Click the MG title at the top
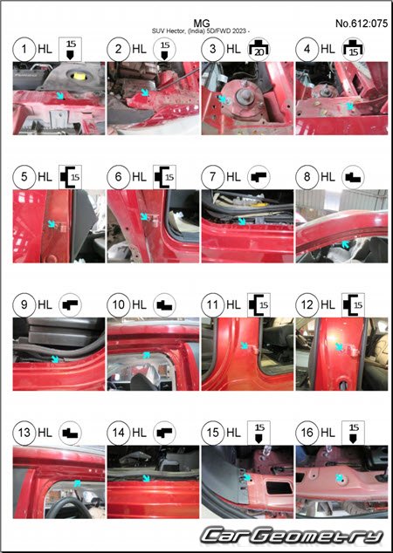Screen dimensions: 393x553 click(x=202, y=24)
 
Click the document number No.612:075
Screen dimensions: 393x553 click(x=362, y=24)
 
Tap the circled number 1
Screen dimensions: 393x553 click(x=24, y=49)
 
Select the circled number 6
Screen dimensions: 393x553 click(x=118, y=177)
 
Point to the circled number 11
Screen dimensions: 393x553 click(x=212, y=304)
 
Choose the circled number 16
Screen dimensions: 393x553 click(x=307, y=433)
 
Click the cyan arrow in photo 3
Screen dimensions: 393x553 click(x=222, y=99)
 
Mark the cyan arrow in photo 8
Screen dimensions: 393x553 click(x=346, y=243)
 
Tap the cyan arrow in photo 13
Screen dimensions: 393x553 click(x=77, y=483)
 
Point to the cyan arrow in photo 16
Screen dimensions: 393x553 click(x=340, y=478)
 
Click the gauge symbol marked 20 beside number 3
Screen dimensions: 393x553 click(x=259, y=49)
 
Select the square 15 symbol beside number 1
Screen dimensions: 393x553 click(x=70, y=49)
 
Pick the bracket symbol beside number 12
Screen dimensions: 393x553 click(x=353, y=304)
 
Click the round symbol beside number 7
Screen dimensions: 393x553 click(x=259, y=177)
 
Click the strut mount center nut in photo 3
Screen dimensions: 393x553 click(x=245, y=93)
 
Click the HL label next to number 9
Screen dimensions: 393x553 click(x=45, y=304)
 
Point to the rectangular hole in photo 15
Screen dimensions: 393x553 click(x=279, y=488)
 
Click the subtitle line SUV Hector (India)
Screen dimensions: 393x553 click(x=201, y=31)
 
